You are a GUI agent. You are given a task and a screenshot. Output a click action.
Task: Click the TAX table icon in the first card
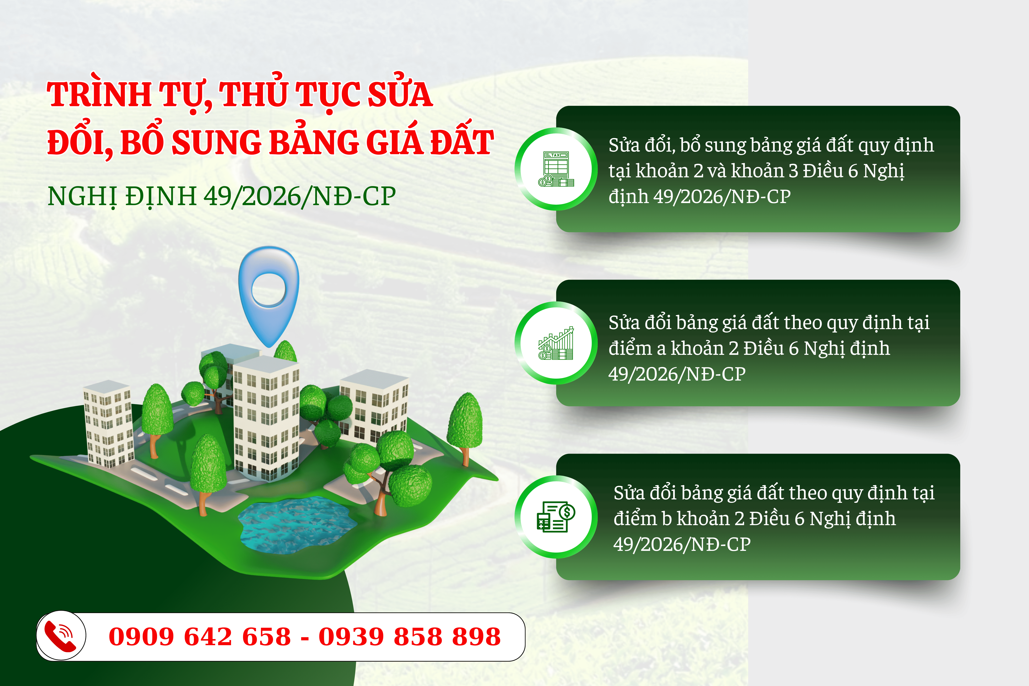(556, 169)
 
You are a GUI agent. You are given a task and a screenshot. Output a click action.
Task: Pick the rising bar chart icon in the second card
(556, 343)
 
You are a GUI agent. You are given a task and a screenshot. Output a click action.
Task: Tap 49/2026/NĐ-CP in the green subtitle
(300, 196)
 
